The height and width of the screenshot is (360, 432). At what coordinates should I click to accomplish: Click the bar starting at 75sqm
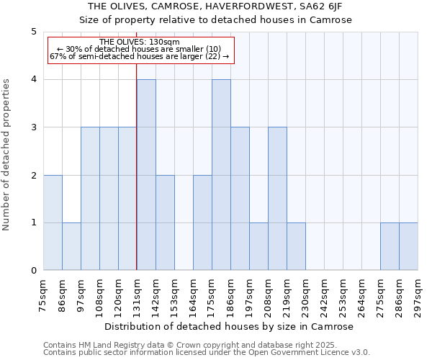point(53,222)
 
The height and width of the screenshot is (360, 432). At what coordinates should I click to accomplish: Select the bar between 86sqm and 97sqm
point(71,246)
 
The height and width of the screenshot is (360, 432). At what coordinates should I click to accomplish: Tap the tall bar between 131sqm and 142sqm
point(146,175)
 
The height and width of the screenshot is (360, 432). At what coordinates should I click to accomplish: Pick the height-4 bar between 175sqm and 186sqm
point(221,175)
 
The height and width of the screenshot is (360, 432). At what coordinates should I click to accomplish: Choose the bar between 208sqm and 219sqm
point(277,199)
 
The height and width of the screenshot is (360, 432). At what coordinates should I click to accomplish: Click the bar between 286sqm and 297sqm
point(408,246)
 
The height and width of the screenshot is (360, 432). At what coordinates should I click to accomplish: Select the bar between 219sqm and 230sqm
point(296,246)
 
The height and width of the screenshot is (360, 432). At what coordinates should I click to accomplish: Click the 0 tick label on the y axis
point(34,271)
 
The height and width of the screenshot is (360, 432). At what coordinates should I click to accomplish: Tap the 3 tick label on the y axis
point(34,127)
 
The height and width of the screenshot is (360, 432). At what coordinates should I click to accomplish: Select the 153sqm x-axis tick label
point(174,294)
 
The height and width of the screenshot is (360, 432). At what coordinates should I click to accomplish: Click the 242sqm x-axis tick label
point(324,294)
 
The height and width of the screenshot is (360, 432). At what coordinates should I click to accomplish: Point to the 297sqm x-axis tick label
point(418,294)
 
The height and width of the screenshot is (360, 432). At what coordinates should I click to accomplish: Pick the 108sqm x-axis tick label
point(99,294)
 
